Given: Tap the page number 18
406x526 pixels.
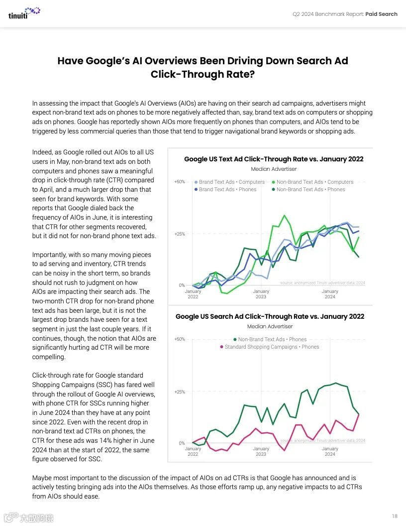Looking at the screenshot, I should click(395, 516).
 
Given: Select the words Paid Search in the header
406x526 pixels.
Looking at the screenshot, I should click(381, 14).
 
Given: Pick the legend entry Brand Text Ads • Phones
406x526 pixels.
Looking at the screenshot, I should click(227, 189).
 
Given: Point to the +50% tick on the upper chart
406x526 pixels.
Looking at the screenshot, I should click(179, 182).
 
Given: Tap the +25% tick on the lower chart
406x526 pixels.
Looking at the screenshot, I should click(179, 392).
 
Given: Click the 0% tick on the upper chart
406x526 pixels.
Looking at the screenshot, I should click(182, 285).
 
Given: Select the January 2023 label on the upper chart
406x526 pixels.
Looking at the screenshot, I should click(261, 294).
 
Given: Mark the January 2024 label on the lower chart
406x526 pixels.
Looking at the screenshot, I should click(329, 451).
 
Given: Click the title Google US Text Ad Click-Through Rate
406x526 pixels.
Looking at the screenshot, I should click(274, 159).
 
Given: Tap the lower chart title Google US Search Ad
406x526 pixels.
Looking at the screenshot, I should click(270, 316).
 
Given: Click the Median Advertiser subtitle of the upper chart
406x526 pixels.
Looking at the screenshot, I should click(274, 169).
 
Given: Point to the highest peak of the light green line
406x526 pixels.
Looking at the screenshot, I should click(284, 215).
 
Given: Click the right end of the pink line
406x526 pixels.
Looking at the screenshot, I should click(359, 414).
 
